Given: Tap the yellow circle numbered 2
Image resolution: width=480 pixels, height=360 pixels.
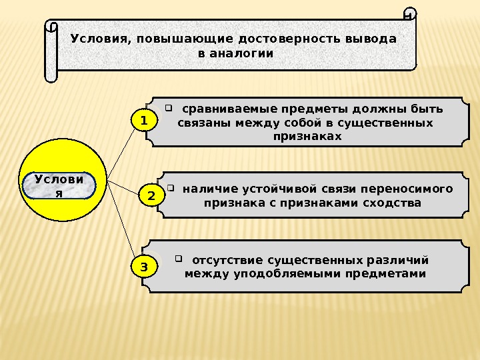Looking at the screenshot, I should point(151,197).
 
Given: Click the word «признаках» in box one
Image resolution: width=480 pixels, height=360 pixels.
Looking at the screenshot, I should point(307,136).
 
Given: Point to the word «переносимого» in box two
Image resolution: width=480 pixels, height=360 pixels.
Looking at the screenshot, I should point(410,189).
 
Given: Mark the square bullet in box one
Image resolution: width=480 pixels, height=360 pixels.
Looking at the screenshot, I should point(169,107).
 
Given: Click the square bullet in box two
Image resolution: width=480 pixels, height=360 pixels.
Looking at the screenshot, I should point(171,187).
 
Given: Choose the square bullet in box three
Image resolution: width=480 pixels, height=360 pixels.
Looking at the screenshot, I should point(179,258).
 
